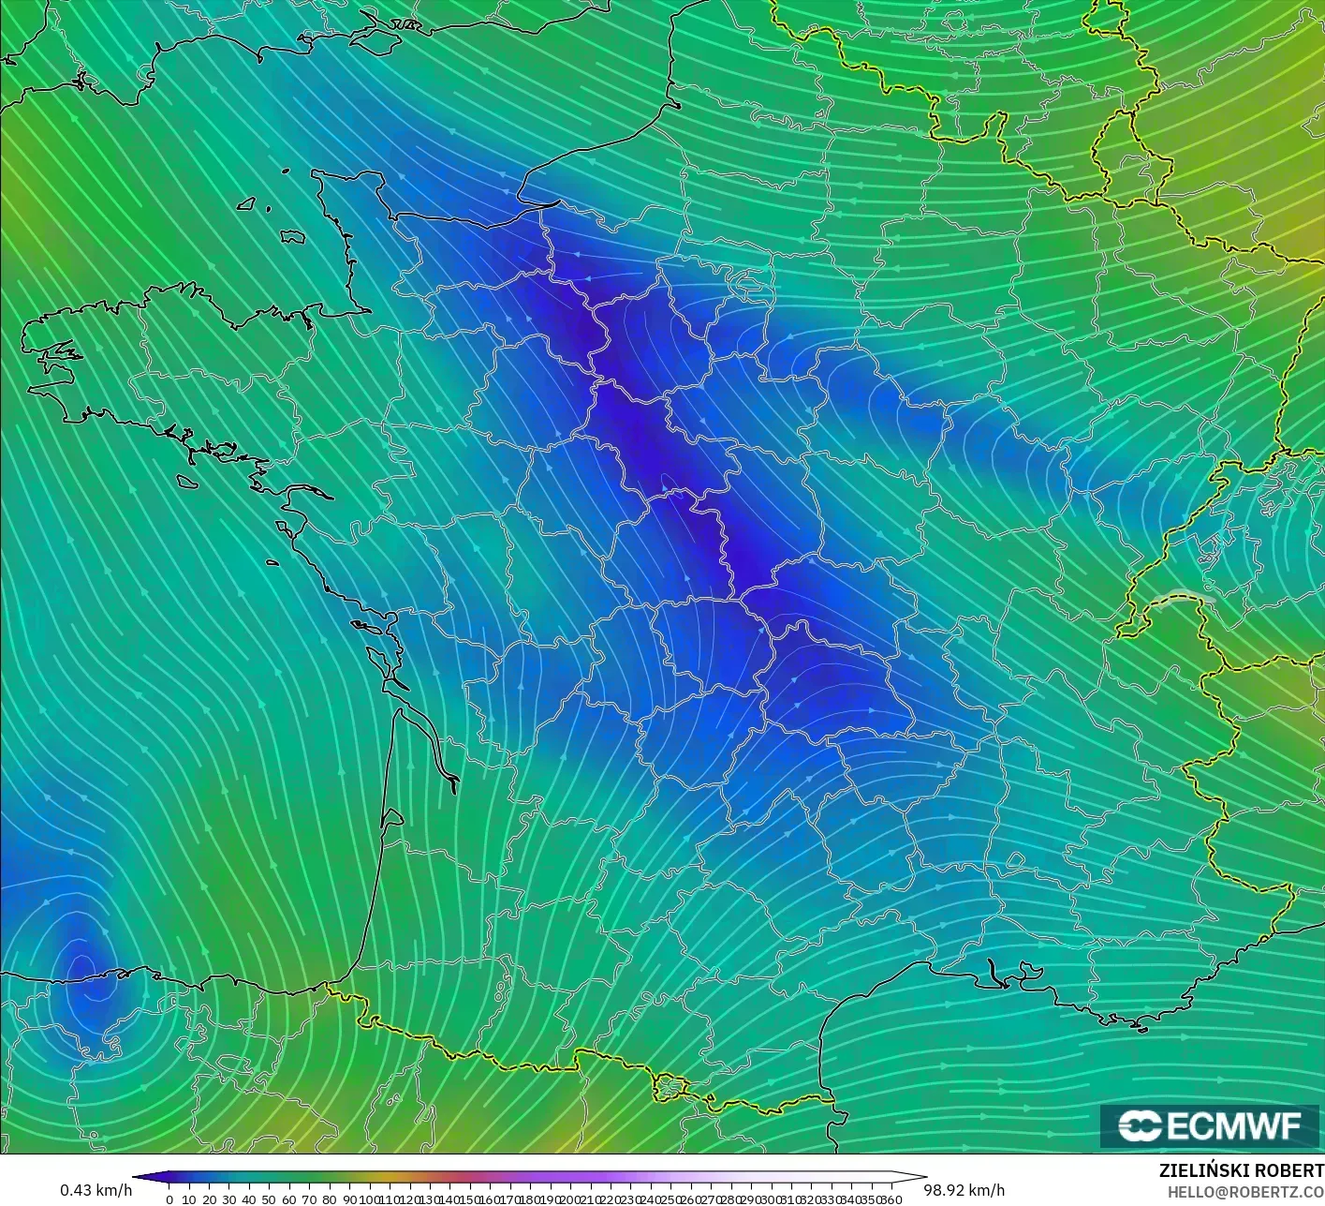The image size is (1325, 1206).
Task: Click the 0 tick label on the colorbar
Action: pos(169,1199)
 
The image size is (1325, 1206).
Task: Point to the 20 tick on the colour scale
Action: pos(209,1199)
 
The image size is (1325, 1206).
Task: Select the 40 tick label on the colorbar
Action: pos(249,1199)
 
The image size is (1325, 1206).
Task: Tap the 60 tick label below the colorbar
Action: pos(289,1199)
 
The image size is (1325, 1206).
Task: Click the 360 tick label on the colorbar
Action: pos(892,1199)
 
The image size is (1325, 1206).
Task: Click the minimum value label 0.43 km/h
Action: pos(96,1190)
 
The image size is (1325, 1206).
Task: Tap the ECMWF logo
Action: pos(1211,1125)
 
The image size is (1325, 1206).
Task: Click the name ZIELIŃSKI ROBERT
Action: pos(1241,1170)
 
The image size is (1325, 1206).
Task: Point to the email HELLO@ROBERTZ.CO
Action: pos(1238,1191)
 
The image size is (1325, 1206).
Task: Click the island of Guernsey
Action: pos(247,202)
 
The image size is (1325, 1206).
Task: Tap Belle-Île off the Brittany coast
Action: pos(187,481)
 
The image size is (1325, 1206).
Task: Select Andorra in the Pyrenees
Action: pos(670,1087)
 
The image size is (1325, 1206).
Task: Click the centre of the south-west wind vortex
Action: pos(82,970)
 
